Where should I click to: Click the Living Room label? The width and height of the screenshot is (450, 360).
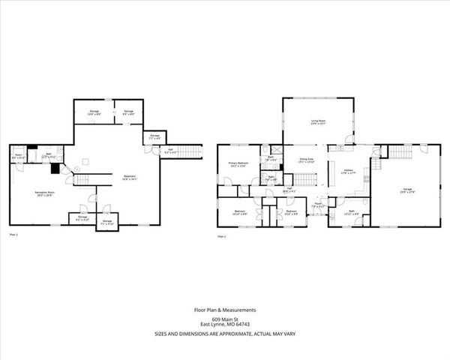click(318, 121)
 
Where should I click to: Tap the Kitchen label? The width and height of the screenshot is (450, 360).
click(348, 172)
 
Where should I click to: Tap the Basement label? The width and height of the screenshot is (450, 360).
click(130, 178)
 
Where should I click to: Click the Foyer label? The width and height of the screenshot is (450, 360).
click(318, 204)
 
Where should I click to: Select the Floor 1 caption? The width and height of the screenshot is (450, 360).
click(13, 235)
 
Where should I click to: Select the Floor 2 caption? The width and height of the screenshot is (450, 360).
click(221, 235)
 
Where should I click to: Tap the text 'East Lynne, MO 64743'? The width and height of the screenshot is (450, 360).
click(225, 325)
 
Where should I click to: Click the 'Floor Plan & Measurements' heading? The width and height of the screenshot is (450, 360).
click(225, 310)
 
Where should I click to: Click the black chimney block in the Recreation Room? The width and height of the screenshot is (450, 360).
click(55, 169)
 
